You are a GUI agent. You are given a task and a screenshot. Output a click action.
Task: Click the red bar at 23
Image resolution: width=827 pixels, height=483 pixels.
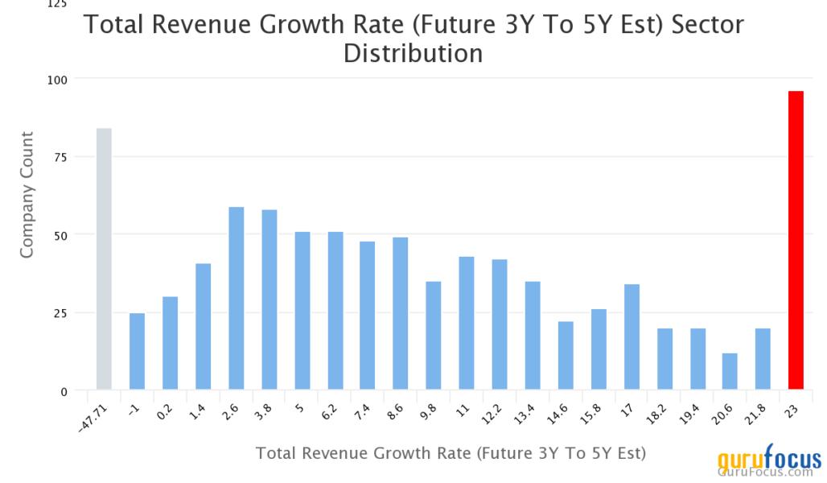point(795,241)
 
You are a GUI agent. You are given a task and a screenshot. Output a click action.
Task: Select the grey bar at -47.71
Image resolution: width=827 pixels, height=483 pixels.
point(104,259)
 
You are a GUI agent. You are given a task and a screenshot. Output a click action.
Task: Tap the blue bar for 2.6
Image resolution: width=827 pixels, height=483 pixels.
point(236,299)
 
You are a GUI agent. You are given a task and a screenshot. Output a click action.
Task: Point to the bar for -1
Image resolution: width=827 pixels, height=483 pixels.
point(137,352)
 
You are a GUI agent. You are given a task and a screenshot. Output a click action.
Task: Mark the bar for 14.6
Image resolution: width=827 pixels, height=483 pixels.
point(566,356)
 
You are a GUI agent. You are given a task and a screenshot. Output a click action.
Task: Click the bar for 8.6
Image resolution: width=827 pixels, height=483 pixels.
point(401,314)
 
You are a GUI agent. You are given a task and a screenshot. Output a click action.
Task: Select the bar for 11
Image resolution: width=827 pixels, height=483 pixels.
point(467,324)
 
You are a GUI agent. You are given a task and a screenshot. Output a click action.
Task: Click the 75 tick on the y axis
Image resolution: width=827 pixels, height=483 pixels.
point(60,156)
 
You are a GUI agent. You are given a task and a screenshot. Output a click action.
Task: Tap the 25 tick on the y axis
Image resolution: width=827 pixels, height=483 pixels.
point(60,313)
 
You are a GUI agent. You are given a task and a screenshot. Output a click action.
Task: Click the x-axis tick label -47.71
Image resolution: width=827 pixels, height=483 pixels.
point(91,418)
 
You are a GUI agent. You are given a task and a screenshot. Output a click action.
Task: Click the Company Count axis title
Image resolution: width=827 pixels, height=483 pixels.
point(27,195)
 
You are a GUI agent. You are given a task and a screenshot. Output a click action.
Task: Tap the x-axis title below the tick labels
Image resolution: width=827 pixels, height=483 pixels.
point(451,453)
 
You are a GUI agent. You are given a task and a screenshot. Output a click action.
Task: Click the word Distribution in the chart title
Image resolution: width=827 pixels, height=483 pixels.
point(413,54)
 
